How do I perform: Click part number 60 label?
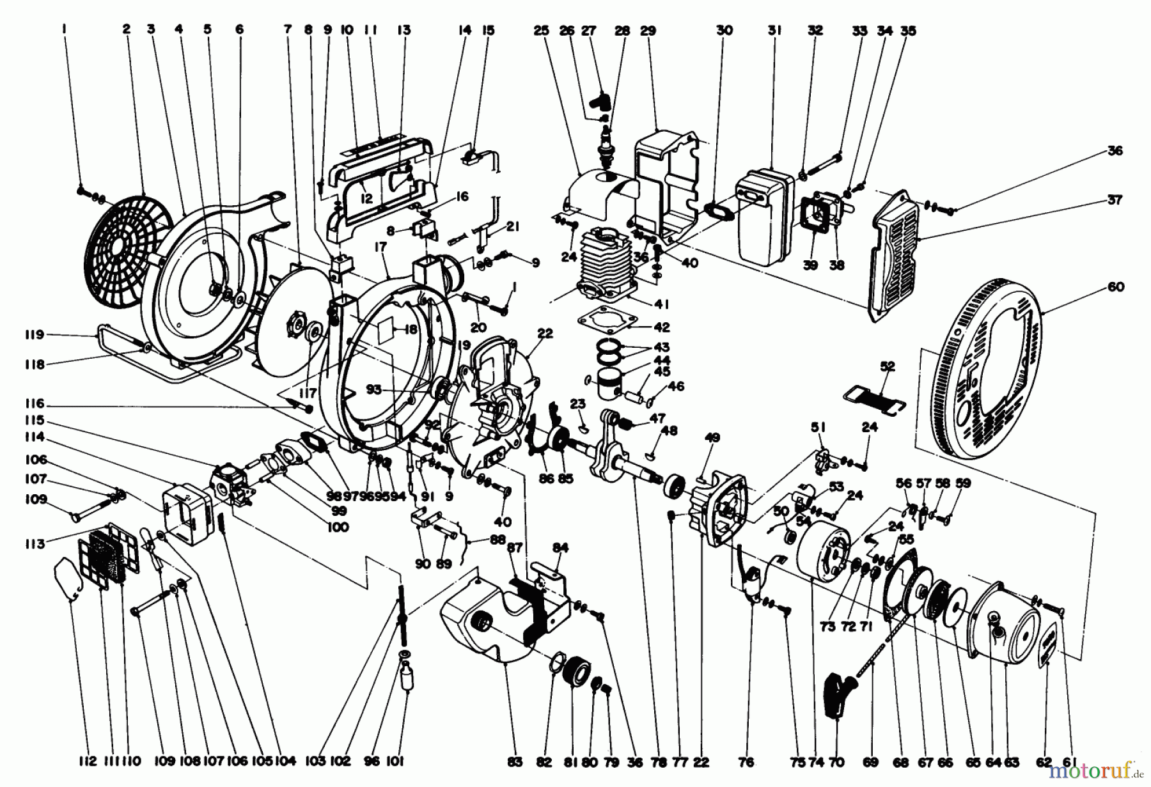pyautogui.click(x=1116, y=288)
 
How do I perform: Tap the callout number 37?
pyautogui.click(x=1114, y=200)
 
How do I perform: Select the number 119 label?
pyautogui.click(x=35, y=334)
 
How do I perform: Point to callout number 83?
pyautogui.click(x=515, y=761)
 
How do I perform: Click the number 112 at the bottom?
pyautogui.click(x=88, y=761)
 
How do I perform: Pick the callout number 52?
pyautogui.click(x=888, y=367)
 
